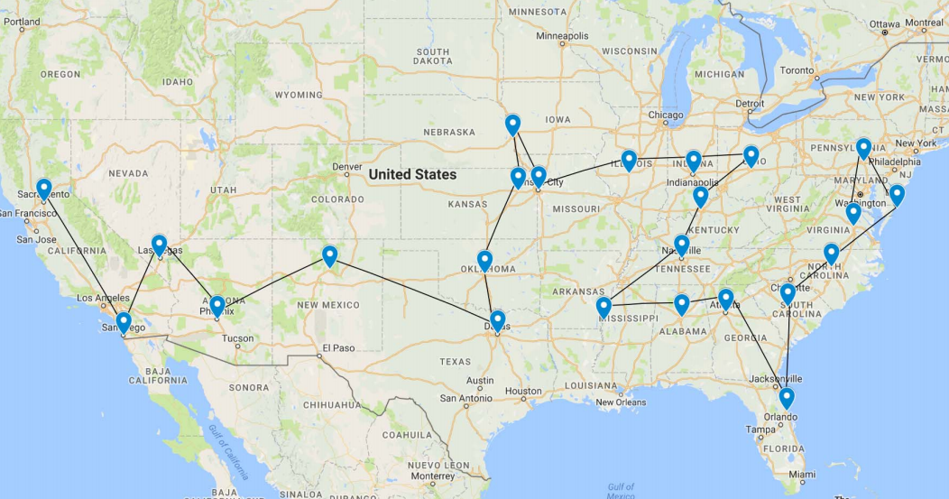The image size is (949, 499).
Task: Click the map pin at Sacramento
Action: [x=43, y=189]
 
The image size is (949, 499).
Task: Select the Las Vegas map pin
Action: [x=159, y=245]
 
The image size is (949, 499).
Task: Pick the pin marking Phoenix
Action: [x=217, y=306]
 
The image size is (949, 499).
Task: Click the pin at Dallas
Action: [x=497, y=320]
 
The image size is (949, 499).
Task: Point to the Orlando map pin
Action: [x=787, y=397]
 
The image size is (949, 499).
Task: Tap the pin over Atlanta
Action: [x=725, y=300]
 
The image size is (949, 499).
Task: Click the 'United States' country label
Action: [x=412, y=174]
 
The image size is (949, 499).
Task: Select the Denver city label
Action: [x=346, y=167]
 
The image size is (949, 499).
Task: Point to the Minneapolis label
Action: [x=561, y=36]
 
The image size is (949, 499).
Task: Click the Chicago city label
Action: [x=665, y=116]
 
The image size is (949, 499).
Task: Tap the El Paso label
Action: [x=339, y=348]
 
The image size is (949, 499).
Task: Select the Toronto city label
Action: [x=797, y=69]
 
